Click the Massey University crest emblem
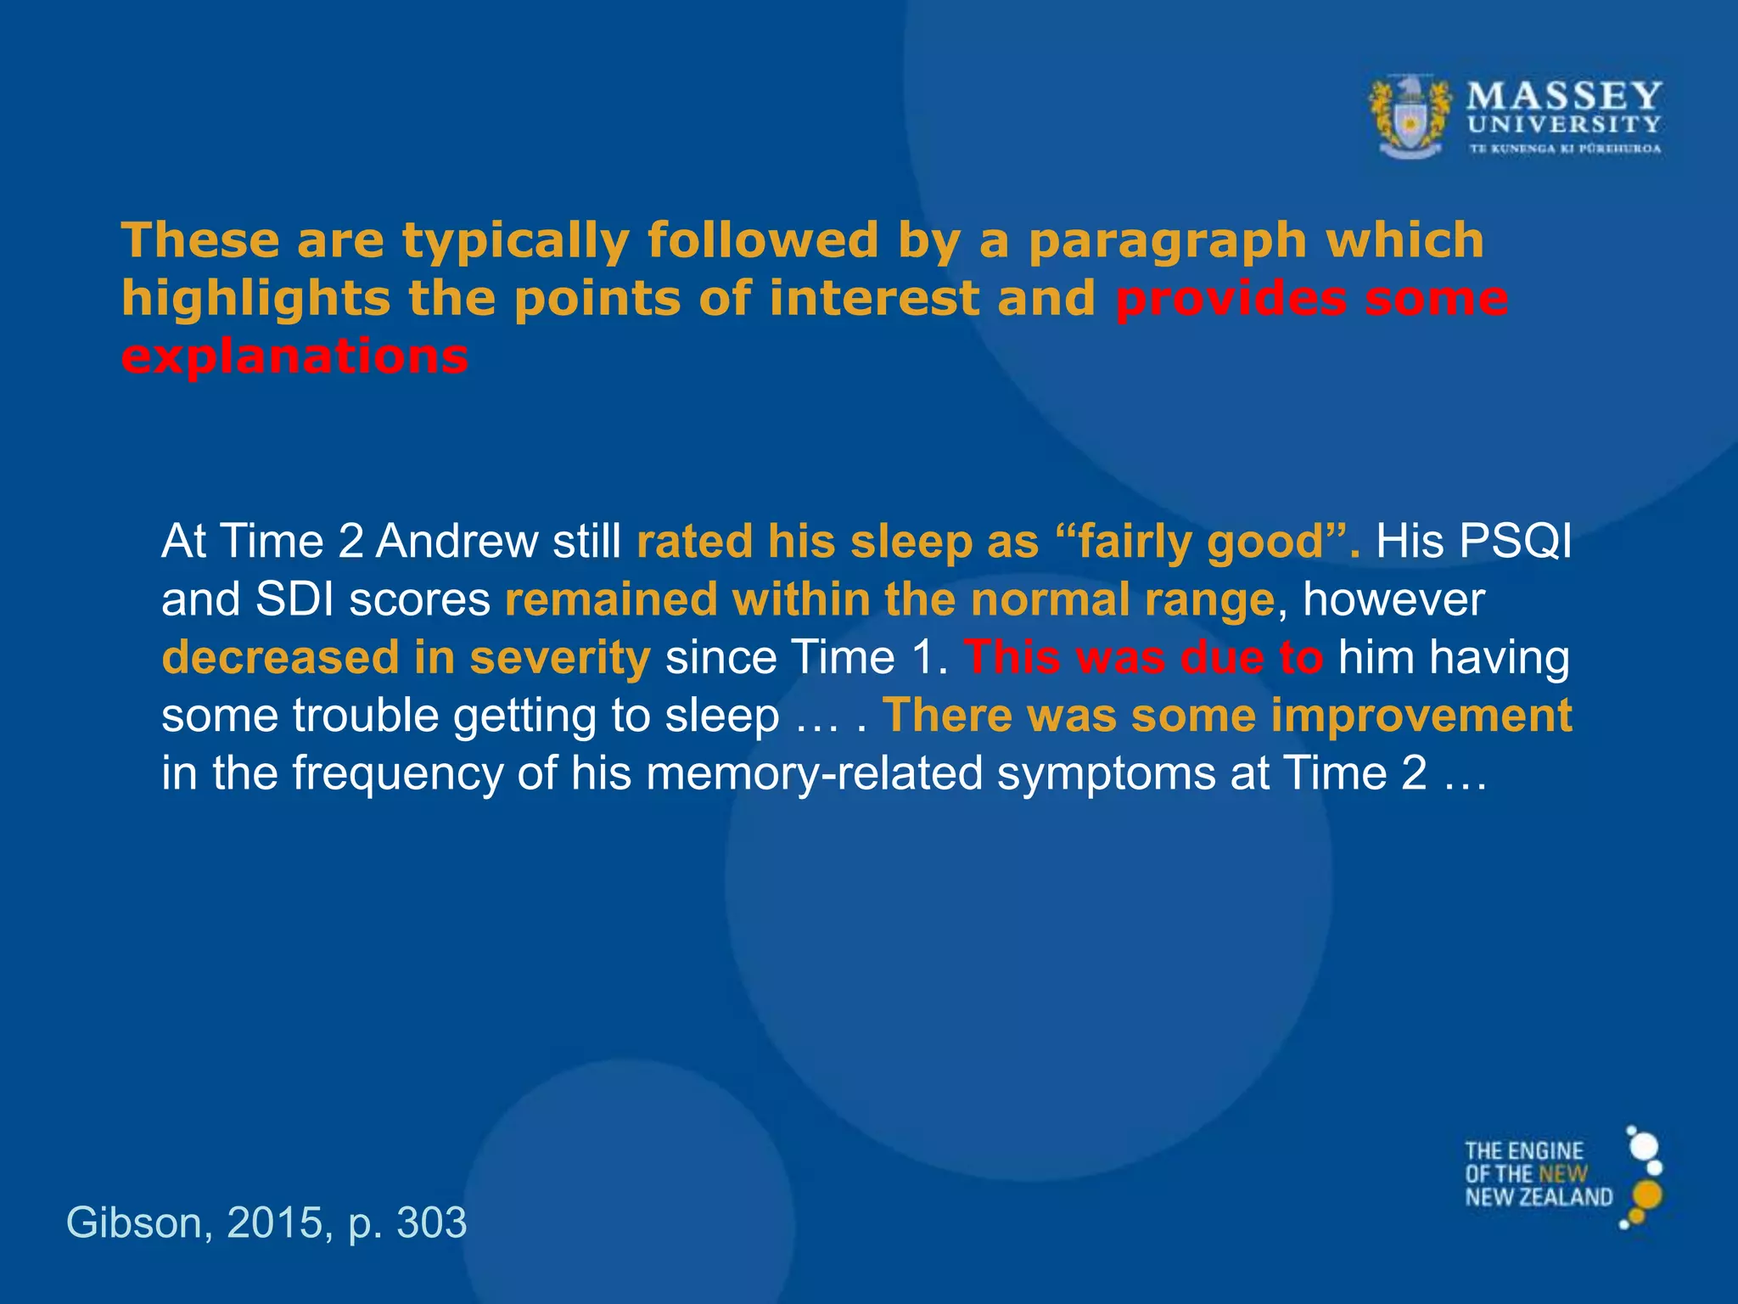point(1410,117)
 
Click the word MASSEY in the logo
point(1564,96)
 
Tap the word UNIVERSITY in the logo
point(1564,125)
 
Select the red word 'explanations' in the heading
point(294,357)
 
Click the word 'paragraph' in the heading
point(1168,241)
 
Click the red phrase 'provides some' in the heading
point(1311,299)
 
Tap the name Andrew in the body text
point(456,542)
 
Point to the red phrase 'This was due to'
point(1143,658)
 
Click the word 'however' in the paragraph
point(1393,599)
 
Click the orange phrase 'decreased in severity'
point(406,658)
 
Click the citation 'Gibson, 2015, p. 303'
point(266,1223)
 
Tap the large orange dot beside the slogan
point(1646,1194)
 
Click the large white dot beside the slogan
point(1645,1146)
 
